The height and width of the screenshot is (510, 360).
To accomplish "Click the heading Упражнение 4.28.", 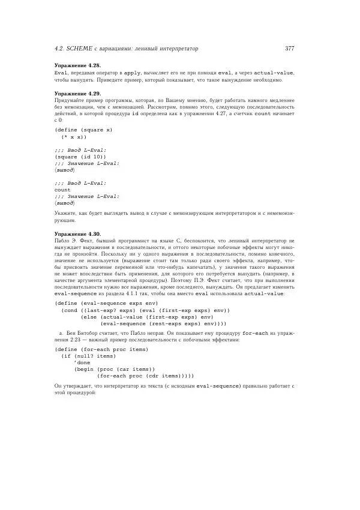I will [77, 65].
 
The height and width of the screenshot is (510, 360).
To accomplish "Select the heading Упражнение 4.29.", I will [77, 94].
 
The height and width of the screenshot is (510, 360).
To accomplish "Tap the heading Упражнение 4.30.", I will [77, 233].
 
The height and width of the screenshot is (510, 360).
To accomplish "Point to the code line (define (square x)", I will [83, 130].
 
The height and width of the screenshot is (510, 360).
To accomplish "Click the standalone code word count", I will [62, 190].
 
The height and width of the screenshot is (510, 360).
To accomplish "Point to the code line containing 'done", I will [82, 363].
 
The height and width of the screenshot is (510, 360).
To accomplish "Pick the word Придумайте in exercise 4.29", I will [70, 101].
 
